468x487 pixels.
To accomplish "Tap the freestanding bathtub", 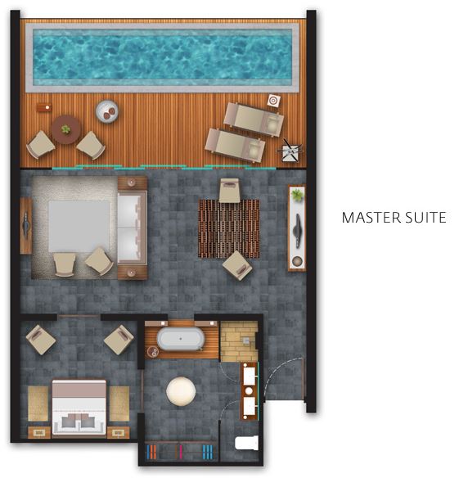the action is tap(181, 339).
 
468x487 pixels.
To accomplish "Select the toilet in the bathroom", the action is tap(247, 443).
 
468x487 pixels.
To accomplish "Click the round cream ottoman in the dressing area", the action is tap(181, 391).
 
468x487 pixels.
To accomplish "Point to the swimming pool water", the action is tap(163, 57).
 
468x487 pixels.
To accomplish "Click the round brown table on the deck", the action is tap(66, 130).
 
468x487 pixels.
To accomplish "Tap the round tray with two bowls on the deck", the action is tap(107, 112).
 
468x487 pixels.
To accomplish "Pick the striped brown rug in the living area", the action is tap(229, 228).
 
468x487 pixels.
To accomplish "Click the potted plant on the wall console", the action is tap(297, 195).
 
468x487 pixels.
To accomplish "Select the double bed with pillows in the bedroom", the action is tap(79, 407).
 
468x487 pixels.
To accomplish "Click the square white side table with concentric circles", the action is tap(273, 101).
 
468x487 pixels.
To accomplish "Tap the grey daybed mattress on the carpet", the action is tap(79, 227).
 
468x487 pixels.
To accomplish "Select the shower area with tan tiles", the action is tap(239, 341).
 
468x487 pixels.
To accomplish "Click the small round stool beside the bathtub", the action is tap(153, 352).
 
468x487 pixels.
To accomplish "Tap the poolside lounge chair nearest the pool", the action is tap(254, 119).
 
